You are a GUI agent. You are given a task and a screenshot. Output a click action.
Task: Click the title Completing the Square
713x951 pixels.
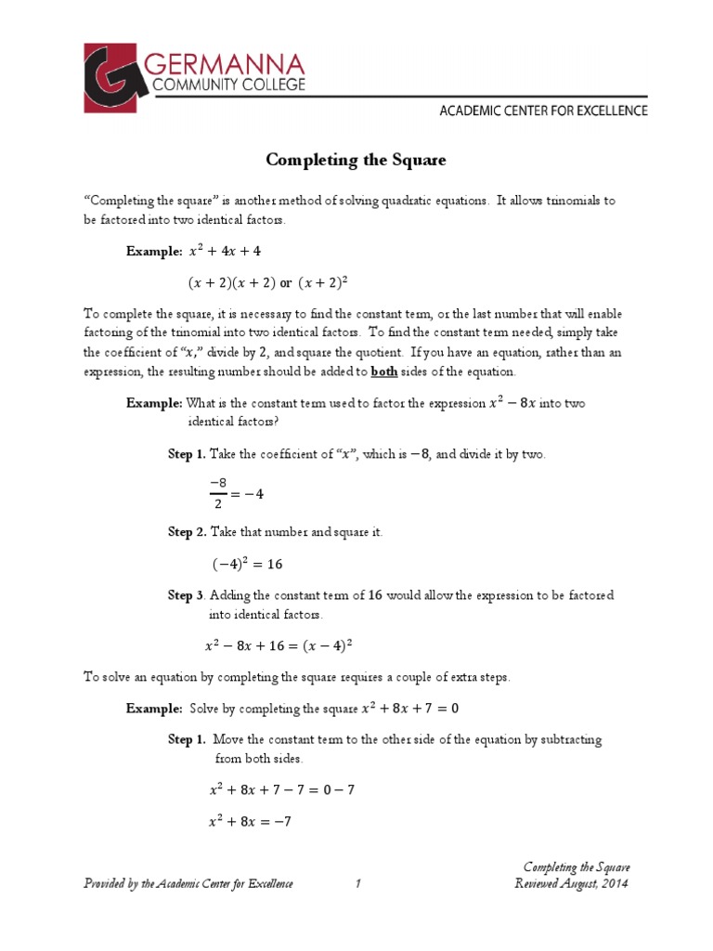tap(356, 160)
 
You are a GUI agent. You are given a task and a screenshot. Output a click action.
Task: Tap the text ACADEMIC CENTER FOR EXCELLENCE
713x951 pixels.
tap(543, 111)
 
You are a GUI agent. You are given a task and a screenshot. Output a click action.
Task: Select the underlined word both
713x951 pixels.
tap(385, 371)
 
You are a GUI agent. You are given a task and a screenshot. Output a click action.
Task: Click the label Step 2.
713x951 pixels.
tap(186, 532)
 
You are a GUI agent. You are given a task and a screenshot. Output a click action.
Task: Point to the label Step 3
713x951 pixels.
tap(187, 595)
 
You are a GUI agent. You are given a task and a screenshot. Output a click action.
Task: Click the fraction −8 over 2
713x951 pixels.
tap(219, 493)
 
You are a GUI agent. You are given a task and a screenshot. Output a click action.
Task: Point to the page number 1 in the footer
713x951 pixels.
tap(356, 883)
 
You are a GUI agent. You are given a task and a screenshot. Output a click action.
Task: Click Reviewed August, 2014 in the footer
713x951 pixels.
tap(571, 883)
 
